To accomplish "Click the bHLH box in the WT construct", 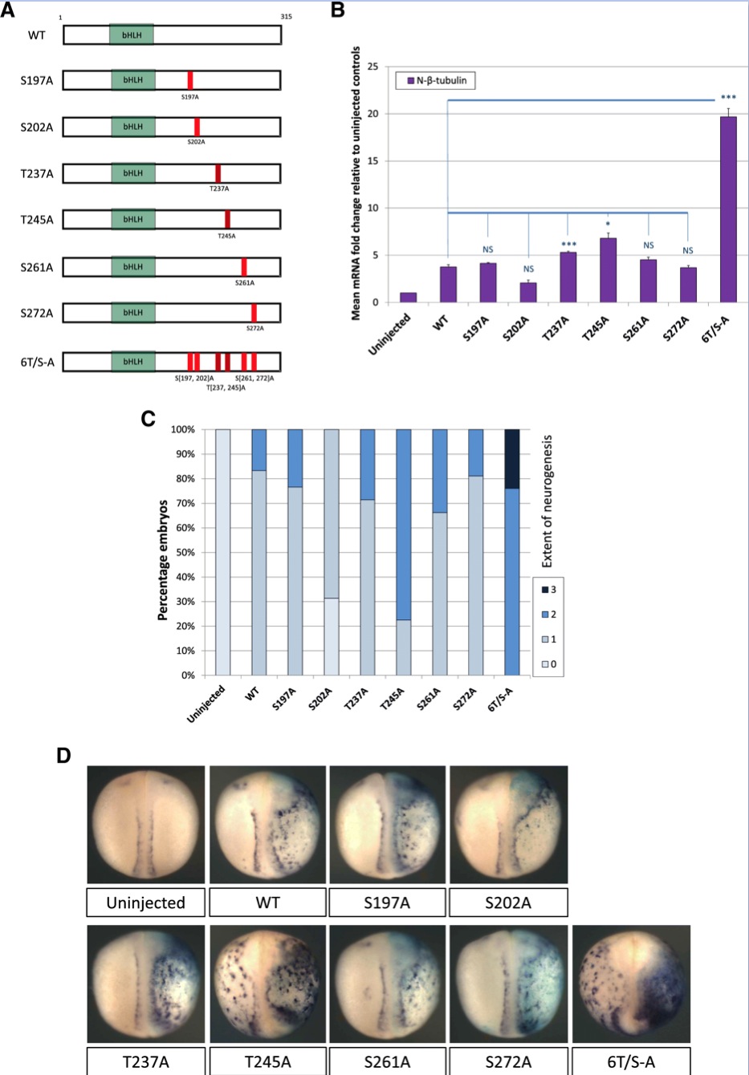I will (x=132, y=34).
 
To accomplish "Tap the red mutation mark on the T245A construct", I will (x=227, y=219).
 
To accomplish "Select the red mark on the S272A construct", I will (x=254, y=313).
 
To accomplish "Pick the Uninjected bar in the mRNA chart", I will (x=408, y=298).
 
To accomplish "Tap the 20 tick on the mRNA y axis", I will (x=372, y=114).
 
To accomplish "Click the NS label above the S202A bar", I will (x=528, y=269).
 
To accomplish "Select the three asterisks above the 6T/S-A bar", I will (x=728, y=98).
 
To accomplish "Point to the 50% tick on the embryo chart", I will (x=184, y=553).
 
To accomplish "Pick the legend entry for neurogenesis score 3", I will (x=547, y=590).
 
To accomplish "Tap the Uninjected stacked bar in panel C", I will (x=222, y=552).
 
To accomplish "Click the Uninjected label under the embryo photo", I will (x=145, y=903).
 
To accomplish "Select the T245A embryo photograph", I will (x=267, y=984).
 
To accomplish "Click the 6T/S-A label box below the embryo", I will (x=631, y=1061).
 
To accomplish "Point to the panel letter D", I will (x=63, y=755).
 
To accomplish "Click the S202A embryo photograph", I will (x=508, y=824).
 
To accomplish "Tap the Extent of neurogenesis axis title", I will (x=548, y=501).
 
